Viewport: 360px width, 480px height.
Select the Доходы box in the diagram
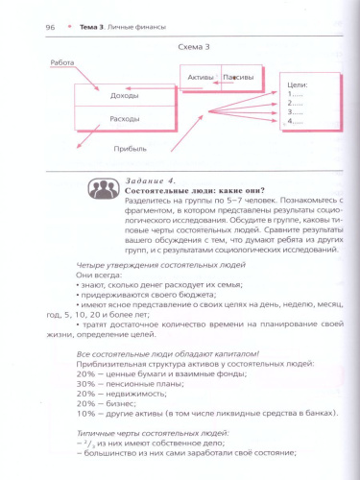125,95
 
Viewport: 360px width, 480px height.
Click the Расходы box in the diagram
125,119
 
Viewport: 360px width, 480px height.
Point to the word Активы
201,76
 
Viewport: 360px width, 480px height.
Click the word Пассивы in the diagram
236,76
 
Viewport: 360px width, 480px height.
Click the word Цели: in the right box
296,85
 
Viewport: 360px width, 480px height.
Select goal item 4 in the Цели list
295,122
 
